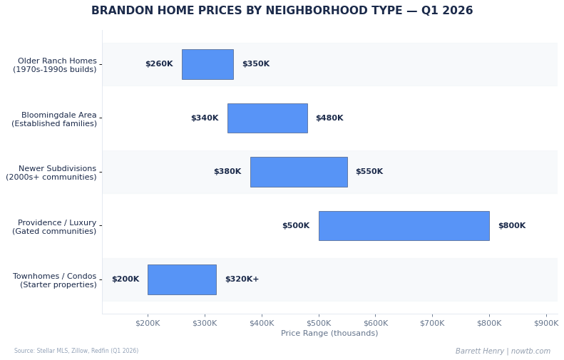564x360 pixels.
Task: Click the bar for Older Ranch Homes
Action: pyautogui.click(x=207, y=64)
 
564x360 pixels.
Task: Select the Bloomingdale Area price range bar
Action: pyautogui.click(x=267, y=118)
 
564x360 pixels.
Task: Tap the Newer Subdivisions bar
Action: pyautogui.click(x=299, y=172)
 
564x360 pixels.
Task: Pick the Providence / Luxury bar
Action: pyautogui.click(x=404, y=226)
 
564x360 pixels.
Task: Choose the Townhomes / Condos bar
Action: pyautogui.click(x=182, y=279)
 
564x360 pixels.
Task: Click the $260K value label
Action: pyautogui.click(x=159, y=64)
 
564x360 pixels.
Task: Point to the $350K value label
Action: pyautogui.click(x=256, y=64)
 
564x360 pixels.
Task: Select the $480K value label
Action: pyautogui.click(x=329, y=118)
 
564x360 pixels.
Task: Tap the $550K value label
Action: pyautogui.click(x=369, y=172)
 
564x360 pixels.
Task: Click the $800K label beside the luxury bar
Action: pyautogui.click(x=512, y=226)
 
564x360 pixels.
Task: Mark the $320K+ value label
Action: pyautogui.click(x=242, y=279)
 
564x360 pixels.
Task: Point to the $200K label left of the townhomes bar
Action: pyautogui.click(x=125, y=279)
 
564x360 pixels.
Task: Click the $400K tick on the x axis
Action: pyautogui.click(x=262, y=323)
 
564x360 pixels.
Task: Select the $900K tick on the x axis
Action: pyautogui.click(x=546, y=323)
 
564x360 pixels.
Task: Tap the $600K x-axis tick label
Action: pyautogui.click(x=376, y=323)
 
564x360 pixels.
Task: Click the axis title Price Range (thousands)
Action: pyautogui.click(x=329, y=334)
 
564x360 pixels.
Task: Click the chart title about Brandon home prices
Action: pyautogui.click(x=282, y=11)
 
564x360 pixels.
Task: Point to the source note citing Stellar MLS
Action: pyautogui.click(x=76, y=351)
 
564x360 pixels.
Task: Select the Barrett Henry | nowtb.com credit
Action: pyautogui.click(x=503, y=351)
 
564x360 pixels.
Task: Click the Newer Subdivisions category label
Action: pyautogui.click(x=51, y=173)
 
